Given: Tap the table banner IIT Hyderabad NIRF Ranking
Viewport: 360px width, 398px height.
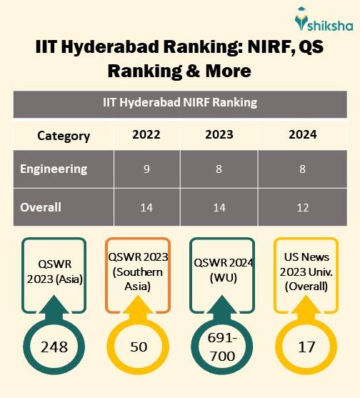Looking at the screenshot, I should (x=179, y=102).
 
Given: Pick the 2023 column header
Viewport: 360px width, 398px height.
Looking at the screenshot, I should (x=218, y=135).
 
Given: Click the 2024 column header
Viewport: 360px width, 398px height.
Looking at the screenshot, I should (x=303, y=135).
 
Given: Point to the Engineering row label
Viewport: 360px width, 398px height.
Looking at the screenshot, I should (x=54, y=169).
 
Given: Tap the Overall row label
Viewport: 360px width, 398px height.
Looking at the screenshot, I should (x=41, y=207).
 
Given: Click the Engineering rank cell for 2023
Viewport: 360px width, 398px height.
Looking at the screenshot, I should (x=218, y=170).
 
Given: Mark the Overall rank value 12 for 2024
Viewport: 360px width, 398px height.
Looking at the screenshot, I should (x=303, y=208).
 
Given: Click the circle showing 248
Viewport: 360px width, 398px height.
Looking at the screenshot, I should (x=54, y=347).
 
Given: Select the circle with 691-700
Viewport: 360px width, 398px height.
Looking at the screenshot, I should (x=220, y=347).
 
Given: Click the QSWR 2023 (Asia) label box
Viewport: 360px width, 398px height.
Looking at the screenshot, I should (x=54, y=272).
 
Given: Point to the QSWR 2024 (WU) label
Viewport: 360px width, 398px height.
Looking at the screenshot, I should (x=220, y=272).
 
